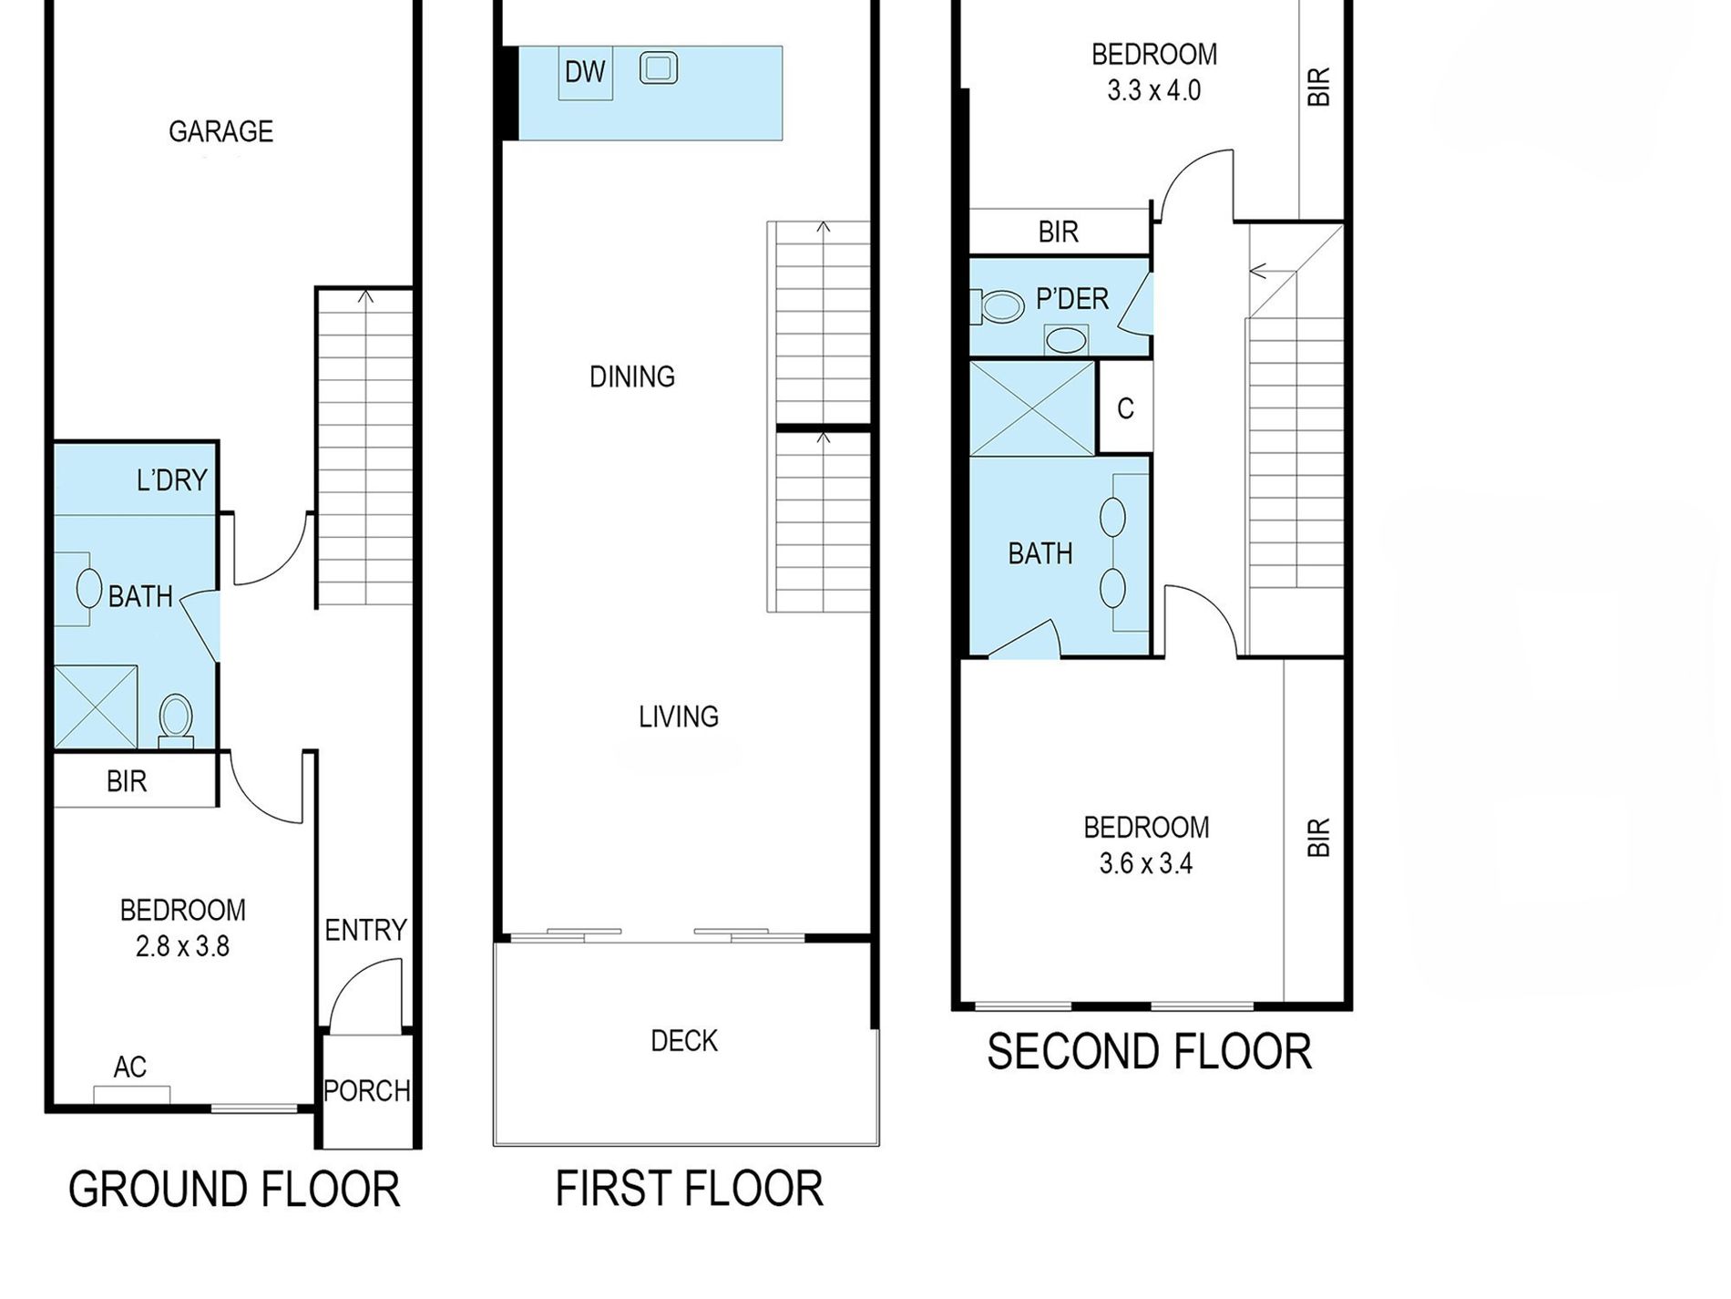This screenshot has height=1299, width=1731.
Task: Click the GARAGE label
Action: pyautogui.click(x=221, y=132)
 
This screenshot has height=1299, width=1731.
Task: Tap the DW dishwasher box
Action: pyautogui.click(x=585, y=73)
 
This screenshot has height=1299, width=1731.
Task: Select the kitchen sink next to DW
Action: pyautogui.click(x=659, y=68)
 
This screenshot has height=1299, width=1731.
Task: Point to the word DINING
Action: pyautogui.click(x=632, y=376)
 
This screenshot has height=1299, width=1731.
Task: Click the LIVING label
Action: pyautogui.click(x=679, y=717)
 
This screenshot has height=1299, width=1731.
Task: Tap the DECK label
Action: pyautogui.click(x=684, y=1041)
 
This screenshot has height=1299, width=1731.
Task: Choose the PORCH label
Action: pyautogui.click(x=367, y=1091)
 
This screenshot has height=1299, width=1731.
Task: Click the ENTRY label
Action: pyautogui.click(x=365, y=931)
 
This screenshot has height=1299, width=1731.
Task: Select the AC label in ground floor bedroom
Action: pyautogui.click(x=130, y=1067)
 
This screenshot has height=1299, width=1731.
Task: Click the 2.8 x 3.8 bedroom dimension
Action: pyautogui.click(x=183, y=947)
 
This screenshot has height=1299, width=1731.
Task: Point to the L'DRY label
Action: pyautogui.click(x=172, y=480)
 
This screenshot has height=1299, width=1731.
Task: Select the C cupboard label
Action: pyautogui.click(x=1126, y=408)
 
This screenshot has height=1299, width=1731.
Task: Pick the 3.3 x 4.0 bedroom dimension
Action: pyautogui.click(x=1154, y=91)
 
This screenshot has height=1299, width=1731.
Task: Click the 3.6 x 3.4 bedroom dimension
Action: pyautogui.click(x=1146, y=863)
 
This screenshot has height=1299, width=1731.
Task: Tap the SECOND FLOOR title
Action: pyautogui.click(x=1150, y=1052)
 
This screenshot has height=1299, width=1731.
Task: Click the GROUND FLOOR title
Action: pyautogui.click(x=234, y=1190)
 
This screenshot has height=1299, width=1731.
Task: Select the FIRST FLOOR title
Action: pyautogui.click(x=690, y=1189)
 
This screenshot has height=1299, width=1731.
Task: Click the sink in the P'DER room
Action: pyautogui.click(x=1066, y=341)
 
